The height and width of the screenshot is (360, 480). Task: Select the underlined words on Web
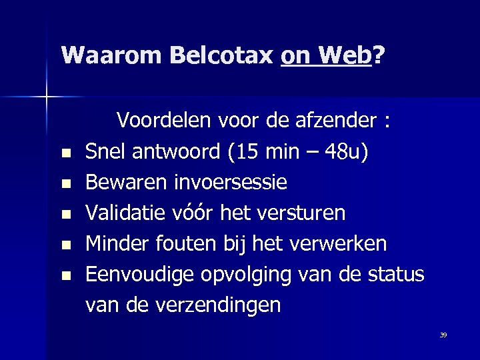click(x=325, y=55)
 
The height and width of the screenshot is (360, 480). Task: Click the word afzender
click(x=346, y=122)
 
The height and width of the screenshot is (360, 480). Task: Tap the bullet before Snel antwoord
click(x=65, y=155)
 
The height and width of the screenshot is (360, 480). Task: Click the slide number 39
click(x=443, y=335)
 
